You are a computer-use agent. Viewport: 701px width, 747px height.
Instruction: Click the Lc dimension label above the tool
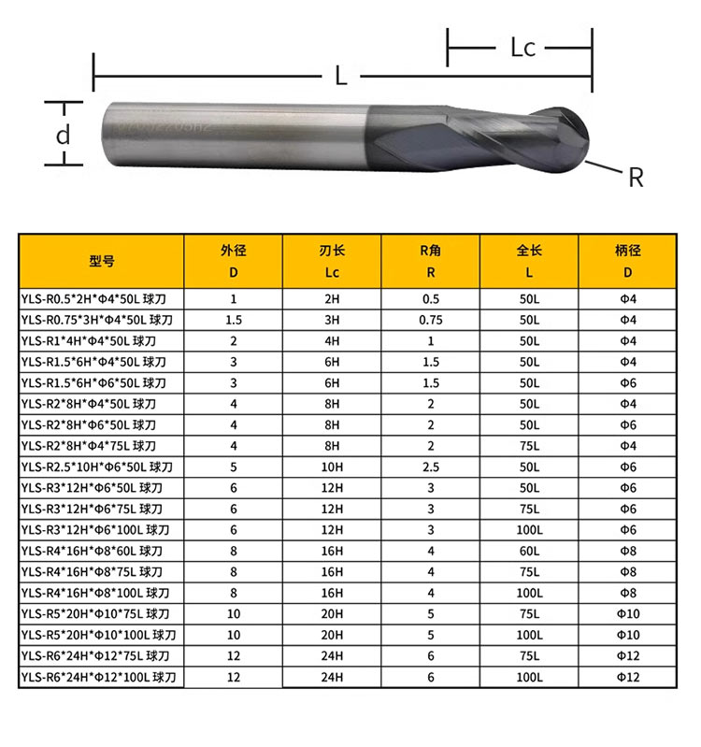(x=522, y=48)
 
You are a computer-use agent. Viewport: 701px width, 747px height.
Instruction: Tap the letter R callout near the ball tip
(x=636, y=178)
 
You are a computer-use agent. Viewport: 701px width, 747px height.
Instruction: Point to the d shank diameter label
(x=64, y=135)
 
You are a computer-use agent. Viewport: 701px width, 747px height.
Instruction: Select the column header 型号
(x=102, y=261)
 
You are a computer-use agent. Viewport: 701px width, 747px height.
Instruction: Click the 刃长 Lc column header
(x=332, y=261)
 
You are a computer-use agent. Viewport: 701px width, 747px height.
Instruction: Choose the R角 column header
(x=431, y=261)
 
